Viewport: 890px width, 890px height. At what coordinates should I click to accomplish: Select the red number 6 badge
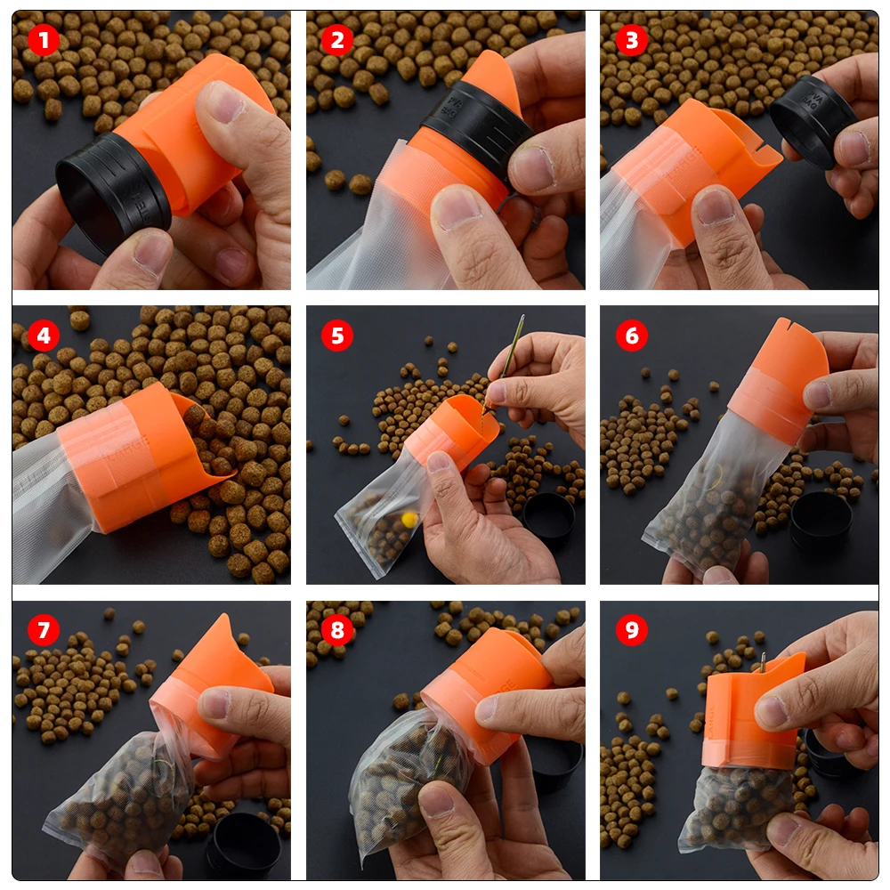coord(632,336)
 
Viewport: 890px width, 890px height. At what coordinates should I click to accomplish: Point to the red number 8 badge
coord(337,631)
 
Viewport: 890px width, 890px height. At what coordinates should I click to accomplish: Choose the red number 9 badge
coord(632,631)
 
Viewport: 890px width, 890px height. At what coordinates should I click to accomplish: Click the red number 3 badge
coord(632,41)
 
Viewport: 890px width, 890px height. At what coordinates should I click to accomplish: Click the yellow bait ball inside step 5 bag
coord(409,518)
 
